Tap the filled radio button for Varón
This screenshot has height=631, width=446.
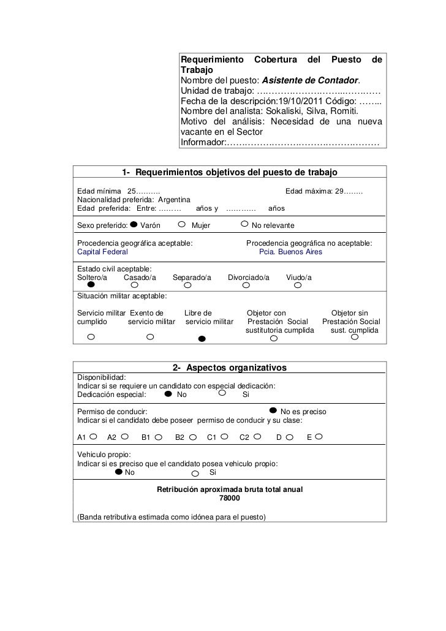(134, 225)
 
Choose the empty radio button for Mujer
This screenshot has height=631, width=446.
(186, 225)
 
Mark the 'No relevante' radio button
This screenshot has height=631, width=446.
(245, 225)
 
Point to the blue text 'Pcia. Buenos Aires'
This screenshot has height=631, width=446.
(290, 252)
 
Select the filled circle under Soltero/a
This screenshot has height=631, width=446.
(91, 285)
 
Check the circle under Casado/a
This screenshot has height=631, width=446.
(135, 285)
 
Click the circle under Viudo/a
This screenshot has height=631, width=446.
(298, 285)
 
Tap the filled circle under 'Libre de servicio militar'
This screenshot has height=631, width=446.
(202, 338)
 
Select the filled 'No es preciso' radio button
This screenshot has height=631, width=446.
(273, 411)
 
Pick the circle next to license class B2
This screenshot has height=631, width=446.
(193, 437)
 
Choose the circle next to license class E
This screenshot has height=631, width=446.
(319, 437)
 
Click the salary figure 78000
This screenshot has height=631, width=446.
(230, 499)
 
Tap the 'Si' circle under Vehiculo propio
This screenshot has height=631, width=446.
(195, 473)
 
